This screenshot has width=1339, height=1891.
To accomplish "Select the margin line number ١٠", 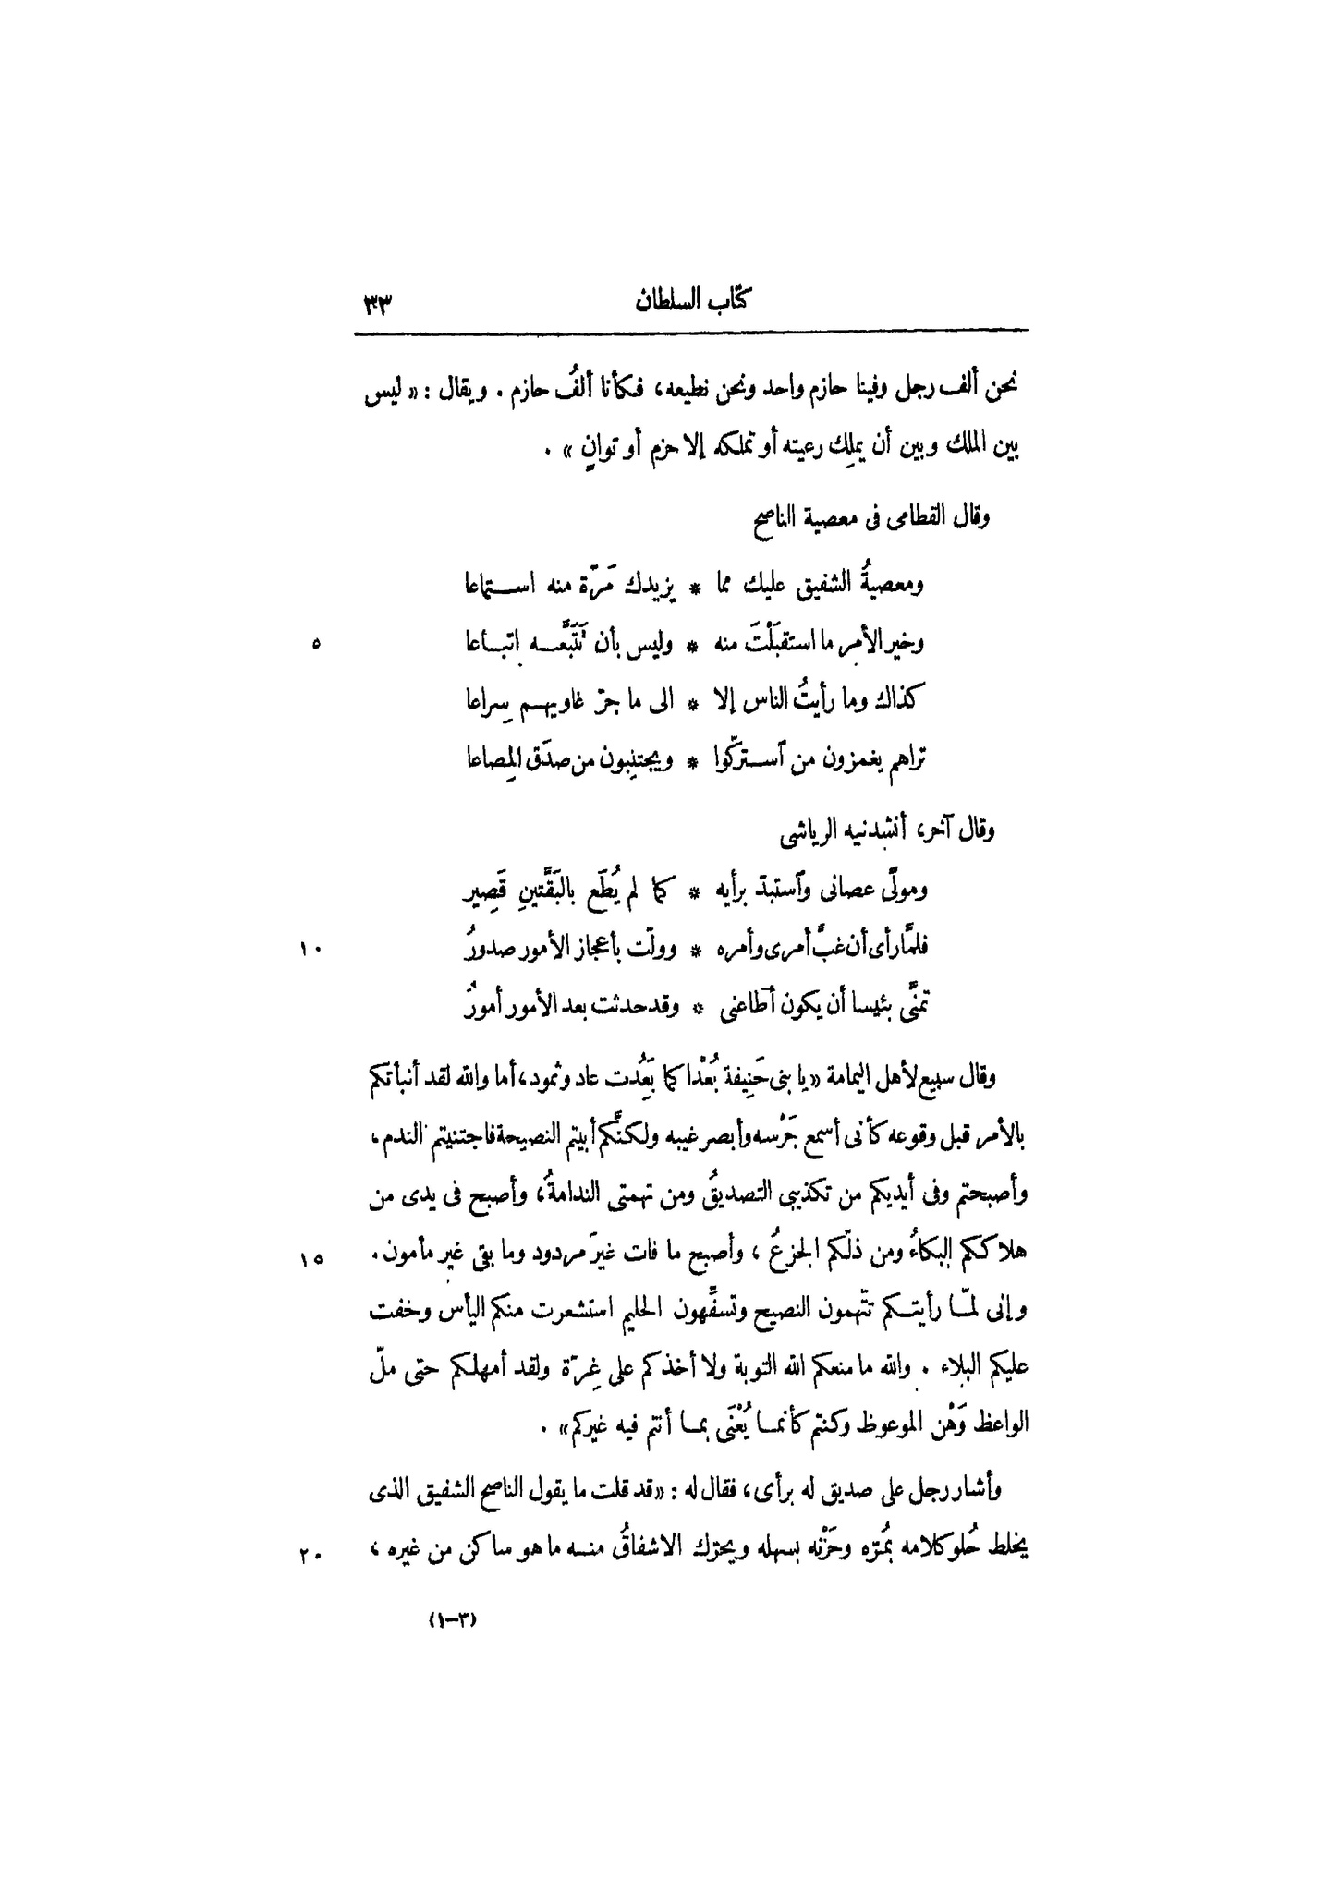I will pos(308,949).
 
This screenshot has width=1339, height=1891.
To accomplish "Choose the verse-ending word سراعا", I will pos(486,704).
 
